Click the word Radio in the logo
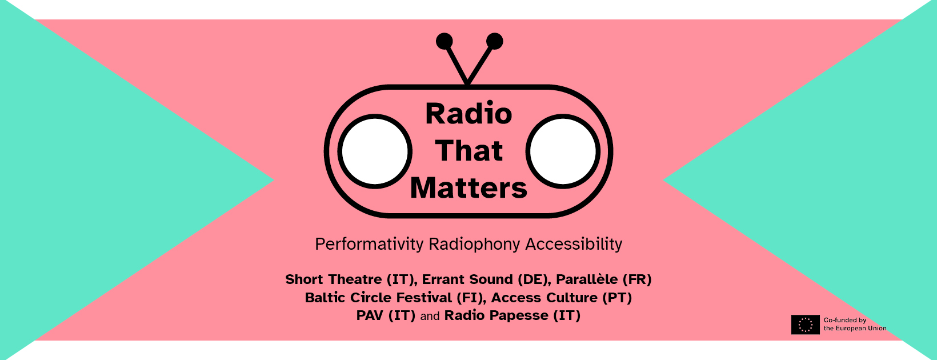[468, 114]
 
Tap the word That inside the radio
[468, 151]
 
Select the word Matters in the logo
[468, 188]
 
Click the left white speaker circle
[375, 151]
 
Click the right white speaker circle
[563, 151]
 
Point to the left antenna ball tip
[445, 41]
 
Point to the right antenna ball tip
[494, 41]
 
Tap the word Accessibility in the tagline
[574, 244]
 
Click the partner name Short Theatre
[334, 279]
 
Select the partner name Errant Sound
[467, 279]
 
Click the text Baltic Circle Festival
[378, 298]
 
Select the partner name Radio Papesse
[496, 315]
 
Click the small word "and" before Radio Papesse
[430, 316]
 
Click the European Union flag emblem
[805, 325]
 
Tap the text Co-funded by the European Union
[855, 325]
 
